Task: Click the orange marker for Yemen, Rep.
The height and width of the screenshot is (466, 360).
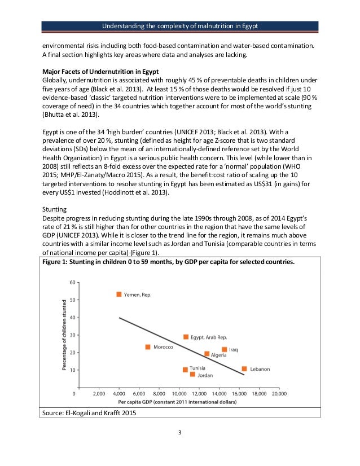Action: pyautogui.click(x=119, y=294)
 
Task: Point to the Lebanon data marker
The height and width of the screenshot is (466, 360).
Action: pyautogui.click(x=244, y=369)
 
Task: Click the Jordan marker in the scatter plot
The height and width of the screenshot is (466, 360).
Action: pyautogui.click(x=192, y=374)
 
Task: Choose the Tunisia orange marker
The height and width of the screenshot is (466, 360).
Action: pyautogui.click(x=185, y=370)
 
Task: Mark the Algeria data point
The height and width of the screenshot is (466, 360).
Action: pyautogui.click(x=207, y=354)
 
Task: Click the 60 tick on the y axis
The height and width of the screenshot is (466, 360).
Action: pyautogui.click(x=72, y=282)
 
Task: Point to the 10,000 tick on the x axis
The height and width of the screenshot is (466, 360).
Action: pyautogui.click(x=179, y=393)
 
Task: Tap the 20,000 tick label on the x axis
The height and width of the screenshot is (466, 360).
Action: pyautogui.click(x=278, y=393)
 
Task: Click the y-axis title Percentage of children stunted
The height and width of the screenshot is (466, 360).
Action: pyautogui.click(x=64, y=335)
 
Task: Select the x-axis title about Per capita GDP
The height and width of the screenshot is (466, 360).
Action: pyautogui.click(x=177, y=402)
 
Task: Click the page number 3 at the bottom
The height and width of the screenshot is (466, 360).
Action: pyautogui.click(x=179, y=433)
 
